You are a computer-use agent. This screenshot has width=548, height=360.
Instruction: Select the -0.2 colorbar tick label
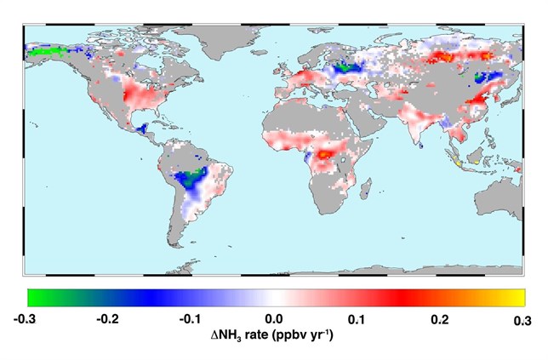(x=111, y=320)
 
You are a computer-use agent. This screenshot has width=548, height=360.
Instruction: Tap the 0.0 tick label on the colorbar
(x=276, y=320)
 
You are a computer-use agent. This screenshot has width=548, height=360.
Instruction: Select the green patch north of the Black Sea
(x=344, y=66)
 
